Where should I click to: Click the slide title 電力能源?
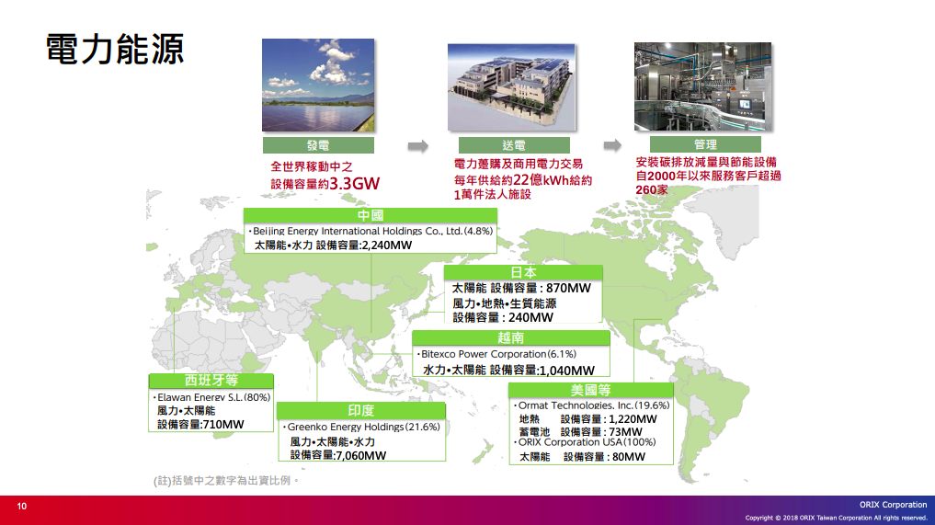pyautogui.click(x=115, y=49)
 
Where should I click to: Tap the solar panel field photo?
pyautogui.click(x=318, y=86)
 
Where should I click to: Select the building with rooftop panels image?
pyautogui.click(x=511, y=87)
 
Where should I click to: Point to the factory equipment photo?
pyautogui.click(x=703, y=86)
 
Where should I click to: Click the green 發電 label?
pyautogui.click(x=318, y=145)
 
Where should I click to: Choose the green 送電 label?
pyautogui.click(x=514, y=145)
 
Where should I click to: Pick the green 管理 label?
pyautogui.click(x=705, y=144)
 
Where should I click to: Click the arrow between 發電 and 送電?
pyautogui.click(x=418, y=146)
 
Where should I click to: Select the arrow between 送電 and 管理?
pyautogui.click(x=612, y=145)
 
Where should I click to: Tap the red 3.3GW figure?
pyautogui.click(x=354, y=183)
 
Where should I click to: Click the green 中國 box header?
pyautogui.click(x=371, y=215)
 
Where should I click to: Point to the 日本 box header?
pyautogui.click(x=523, y=272)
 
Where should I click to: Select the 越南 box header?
pyautogui.click(x=511, y=337)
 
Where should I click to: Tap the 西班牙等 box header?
pyautogui.click(x=211, y=381)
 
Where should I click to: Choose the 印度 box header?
pyautogui.click(x=361, y=410)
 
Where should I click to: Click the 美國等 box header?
pyautogui.click(x=591, y=390)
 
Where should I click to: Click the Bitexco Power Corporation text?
pyautogui.click(x=484, y=354)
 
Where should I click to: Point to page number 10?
pyautogui.click(x=22, y=507)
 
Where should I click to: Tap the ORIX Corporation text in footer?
pyautogui.click(x=894, y=505)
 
